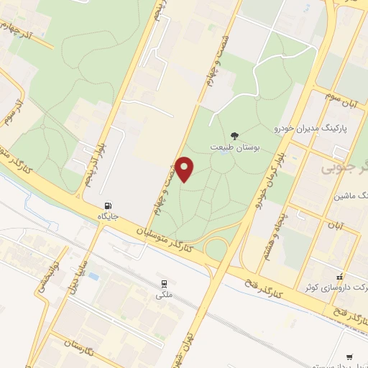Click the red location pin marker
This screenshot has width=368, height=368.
(185, 170)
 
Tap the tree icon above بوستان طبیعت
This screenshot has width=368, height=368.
(234, 134)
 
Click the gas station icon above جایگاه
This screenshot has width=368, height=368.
(109, 204)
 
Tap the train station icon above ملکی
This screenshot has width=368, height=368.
(165, 283)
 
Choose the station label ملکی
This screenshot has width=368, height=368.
(165, 294)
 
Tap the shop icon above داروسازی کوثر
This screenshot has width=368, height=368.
(341, 277)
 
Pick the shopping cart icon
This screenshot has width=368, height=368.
(350, 356)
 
